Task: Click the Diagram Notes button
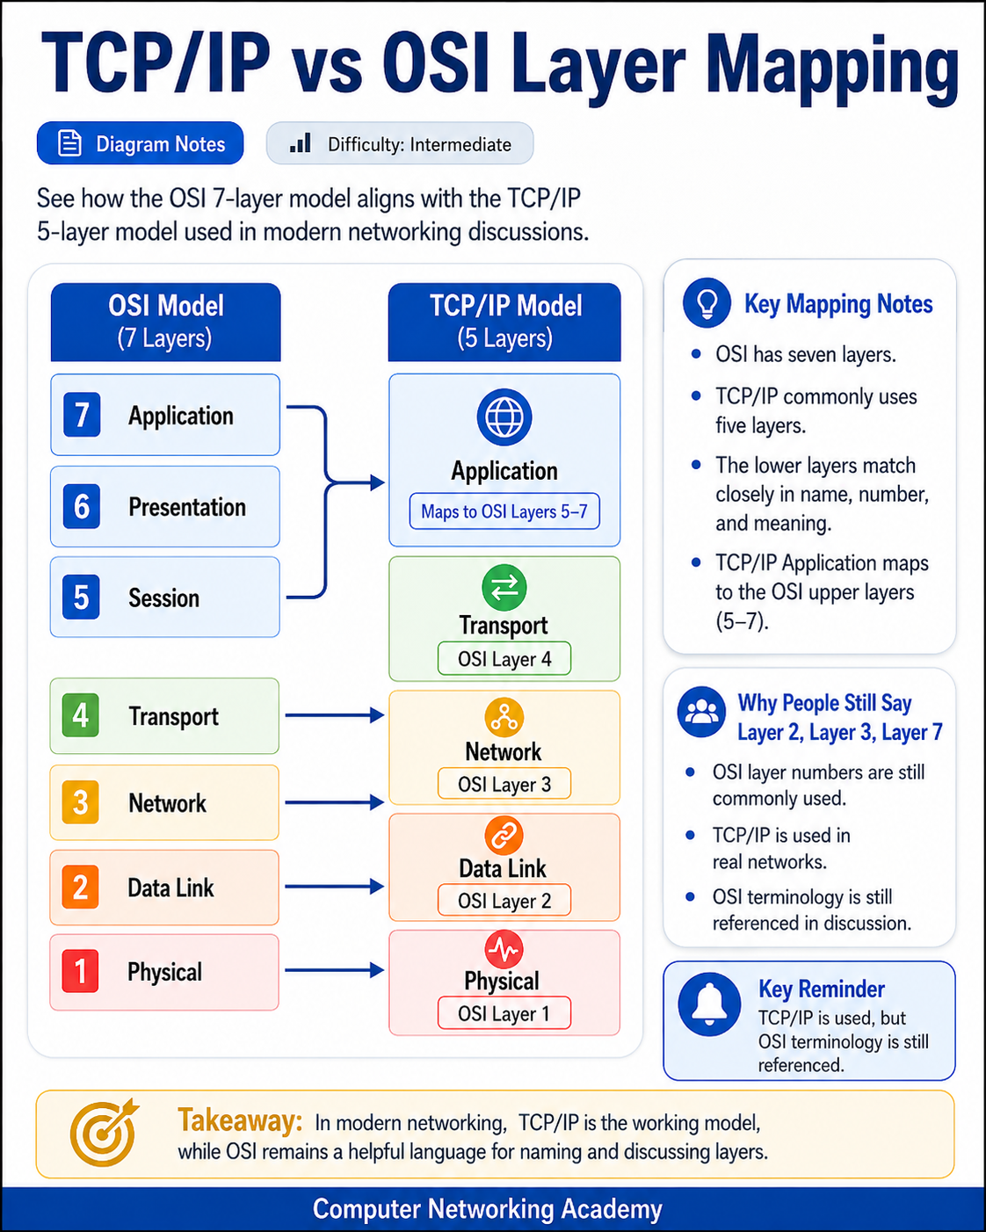point(141,143)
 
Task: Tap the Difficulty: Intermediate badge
point(400,144)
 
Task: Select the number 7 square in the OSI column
point(82,415)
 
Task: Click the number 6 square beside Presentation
point(82,506)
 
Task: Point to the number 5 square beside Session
point(82,598)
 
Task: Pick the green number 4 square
point(81,715)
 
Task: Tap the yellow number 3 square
point(81,802)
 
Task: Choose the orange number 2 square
point(81,888)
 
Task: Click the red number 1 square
point(81,972)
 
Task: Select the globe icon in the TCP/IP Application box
point(504,417)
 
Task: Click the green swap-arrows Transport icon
point(504,588)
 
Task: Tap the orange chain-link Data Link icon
point(504,836)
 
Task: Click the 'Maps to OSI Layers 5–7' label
point(504,511)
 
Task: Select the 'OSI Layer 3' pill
point(504,784)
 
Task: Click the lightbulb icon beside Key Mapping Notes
point(707,303)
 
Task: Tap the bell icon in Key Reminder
point(710,1004)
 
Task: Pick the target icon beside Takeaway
point(105,1132)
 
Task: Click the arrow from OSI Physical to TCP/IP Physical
point(335,970)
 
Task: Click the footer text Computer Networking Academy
point(487,1209)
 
